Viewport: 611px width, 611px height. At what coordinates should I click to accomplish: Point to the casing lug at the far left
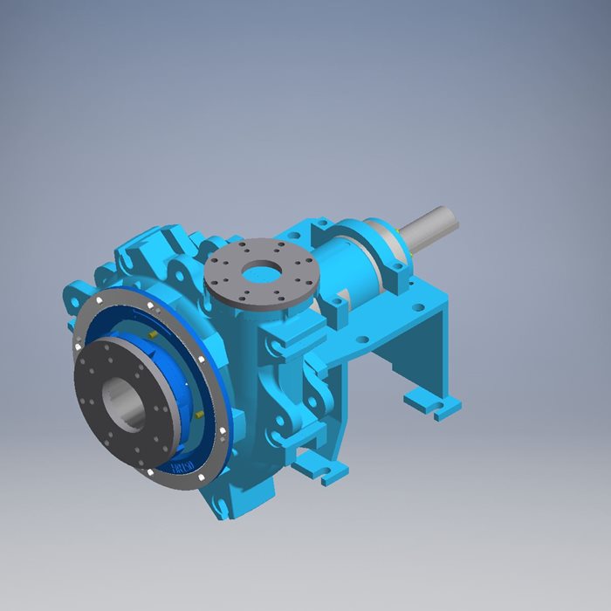point(72,297)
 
